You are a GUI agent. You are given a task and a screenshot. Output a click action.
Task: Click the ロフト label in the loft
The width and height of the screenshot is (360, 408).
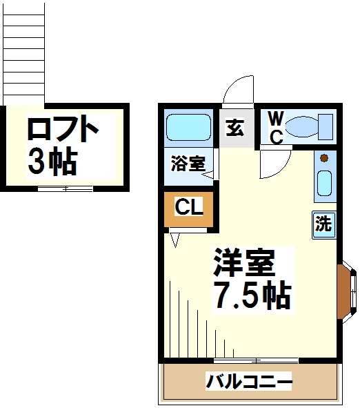click(63, 129)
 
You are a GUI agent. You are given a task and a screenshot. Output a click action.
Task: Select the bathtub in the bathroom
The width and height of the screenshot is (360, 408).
click(188, 128)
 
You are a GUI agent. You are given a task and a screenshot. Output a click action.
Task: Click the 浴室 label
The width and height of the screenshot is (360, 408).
click(188, 163)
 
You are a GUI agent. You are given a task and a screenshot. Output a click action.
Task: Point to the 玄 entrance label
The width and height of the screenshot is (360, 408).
click(234, 128)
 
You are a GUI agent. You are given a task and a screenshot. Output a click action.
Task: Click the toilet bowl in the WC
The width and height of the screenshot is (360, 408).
click(301, 127)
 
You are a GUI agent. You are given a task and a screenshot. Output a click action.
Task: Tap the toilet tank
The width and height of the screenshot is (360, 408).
click(326, 127)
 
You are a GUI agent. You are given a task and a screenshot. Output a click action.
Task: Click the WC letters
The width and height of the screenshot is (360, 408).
click(276, 127)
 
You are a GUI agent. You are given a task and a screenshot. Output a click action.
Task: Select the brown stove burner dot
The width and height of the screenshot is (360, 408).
click(324, 158)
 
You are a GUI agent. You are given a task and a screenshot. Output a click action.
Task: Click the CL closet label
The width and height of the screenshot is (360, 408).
click(189, 206)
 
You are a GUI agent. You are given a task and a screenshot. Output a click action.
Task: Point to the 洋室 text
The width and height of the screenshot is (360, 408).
click(244, 262)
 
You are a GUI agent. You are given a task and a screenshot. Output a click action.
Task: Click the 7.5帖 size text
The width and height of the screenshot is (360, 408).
click(252, 295)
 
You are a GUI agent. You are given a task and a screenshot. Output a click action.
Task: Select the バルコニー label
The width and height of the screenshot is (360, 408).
click(249, 382)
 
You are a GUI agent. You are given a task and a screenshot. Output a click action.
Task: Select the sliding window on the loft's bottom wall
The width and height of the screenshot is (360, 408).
click(66, 188)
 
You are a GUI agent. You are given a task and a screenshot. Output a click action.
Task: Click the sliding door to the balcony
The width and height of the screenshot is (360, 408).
click(256, 360)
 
